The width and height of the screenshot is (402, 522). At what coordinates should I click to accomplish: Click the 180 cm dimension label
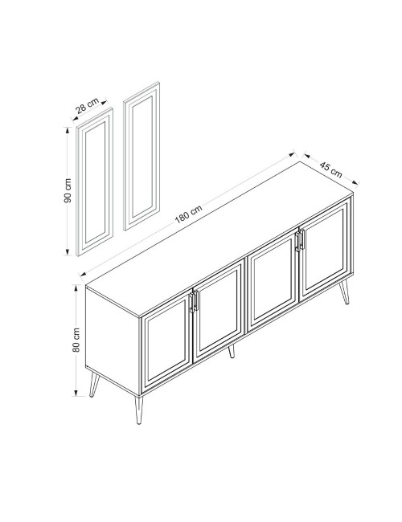(x=188, y=214)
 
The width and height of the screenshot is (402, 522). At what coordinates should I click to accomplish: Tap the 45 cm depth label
(x=330, y=169)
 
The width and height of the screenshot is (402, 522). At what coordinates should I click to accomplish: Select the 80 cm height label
(x=76, y=340)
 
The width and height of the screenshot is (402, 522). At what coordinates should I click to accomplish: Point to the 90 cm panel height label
(x=68, y=190)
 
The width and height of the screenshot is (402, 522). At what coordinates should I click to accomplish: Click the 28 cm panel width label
(x=87, y=105)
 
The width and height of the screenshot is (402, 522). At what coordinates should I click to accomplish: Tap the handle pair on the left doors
(x=194, y=301)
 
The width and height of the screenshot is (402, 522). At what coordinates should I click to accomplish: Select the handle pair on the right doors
(x=300, y=240)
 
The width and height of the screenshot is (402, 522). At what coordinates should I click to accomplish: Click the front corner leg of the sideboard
(x=138, y=410)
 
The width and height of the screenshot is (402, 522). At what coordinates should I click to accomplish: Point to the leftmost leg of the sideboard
(x=94, y=385)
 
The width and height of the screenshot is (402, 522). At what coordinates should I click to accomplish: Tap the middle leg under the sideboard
(x=232, y=351)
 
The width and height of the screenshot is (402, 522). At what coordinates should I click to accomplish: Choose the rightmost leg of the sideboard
(x=345, y=292)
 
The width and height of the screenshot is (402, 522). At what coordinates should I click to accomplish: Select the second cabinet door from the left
(x=219, y=311)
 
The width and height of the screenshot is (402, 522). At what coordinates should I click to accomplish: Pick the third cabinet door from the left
(x=272, y=279)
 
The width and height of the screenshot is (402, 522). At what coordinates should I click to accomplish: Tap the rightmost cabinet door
(x=325, y=249)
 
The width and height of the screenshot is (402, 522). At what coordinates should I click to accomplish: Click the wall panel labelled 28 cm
(x=95, y=182)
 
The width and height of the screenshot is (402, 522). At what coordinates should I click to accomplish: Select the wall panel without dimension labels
(x=142, y=156)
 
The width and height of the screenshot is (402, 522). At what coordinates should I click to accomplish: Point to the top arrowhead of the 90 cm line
(x=68, y=129)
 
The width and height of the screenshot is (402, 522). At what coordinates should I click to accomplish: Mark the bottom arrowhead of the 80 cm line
(x=76, y=393)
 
